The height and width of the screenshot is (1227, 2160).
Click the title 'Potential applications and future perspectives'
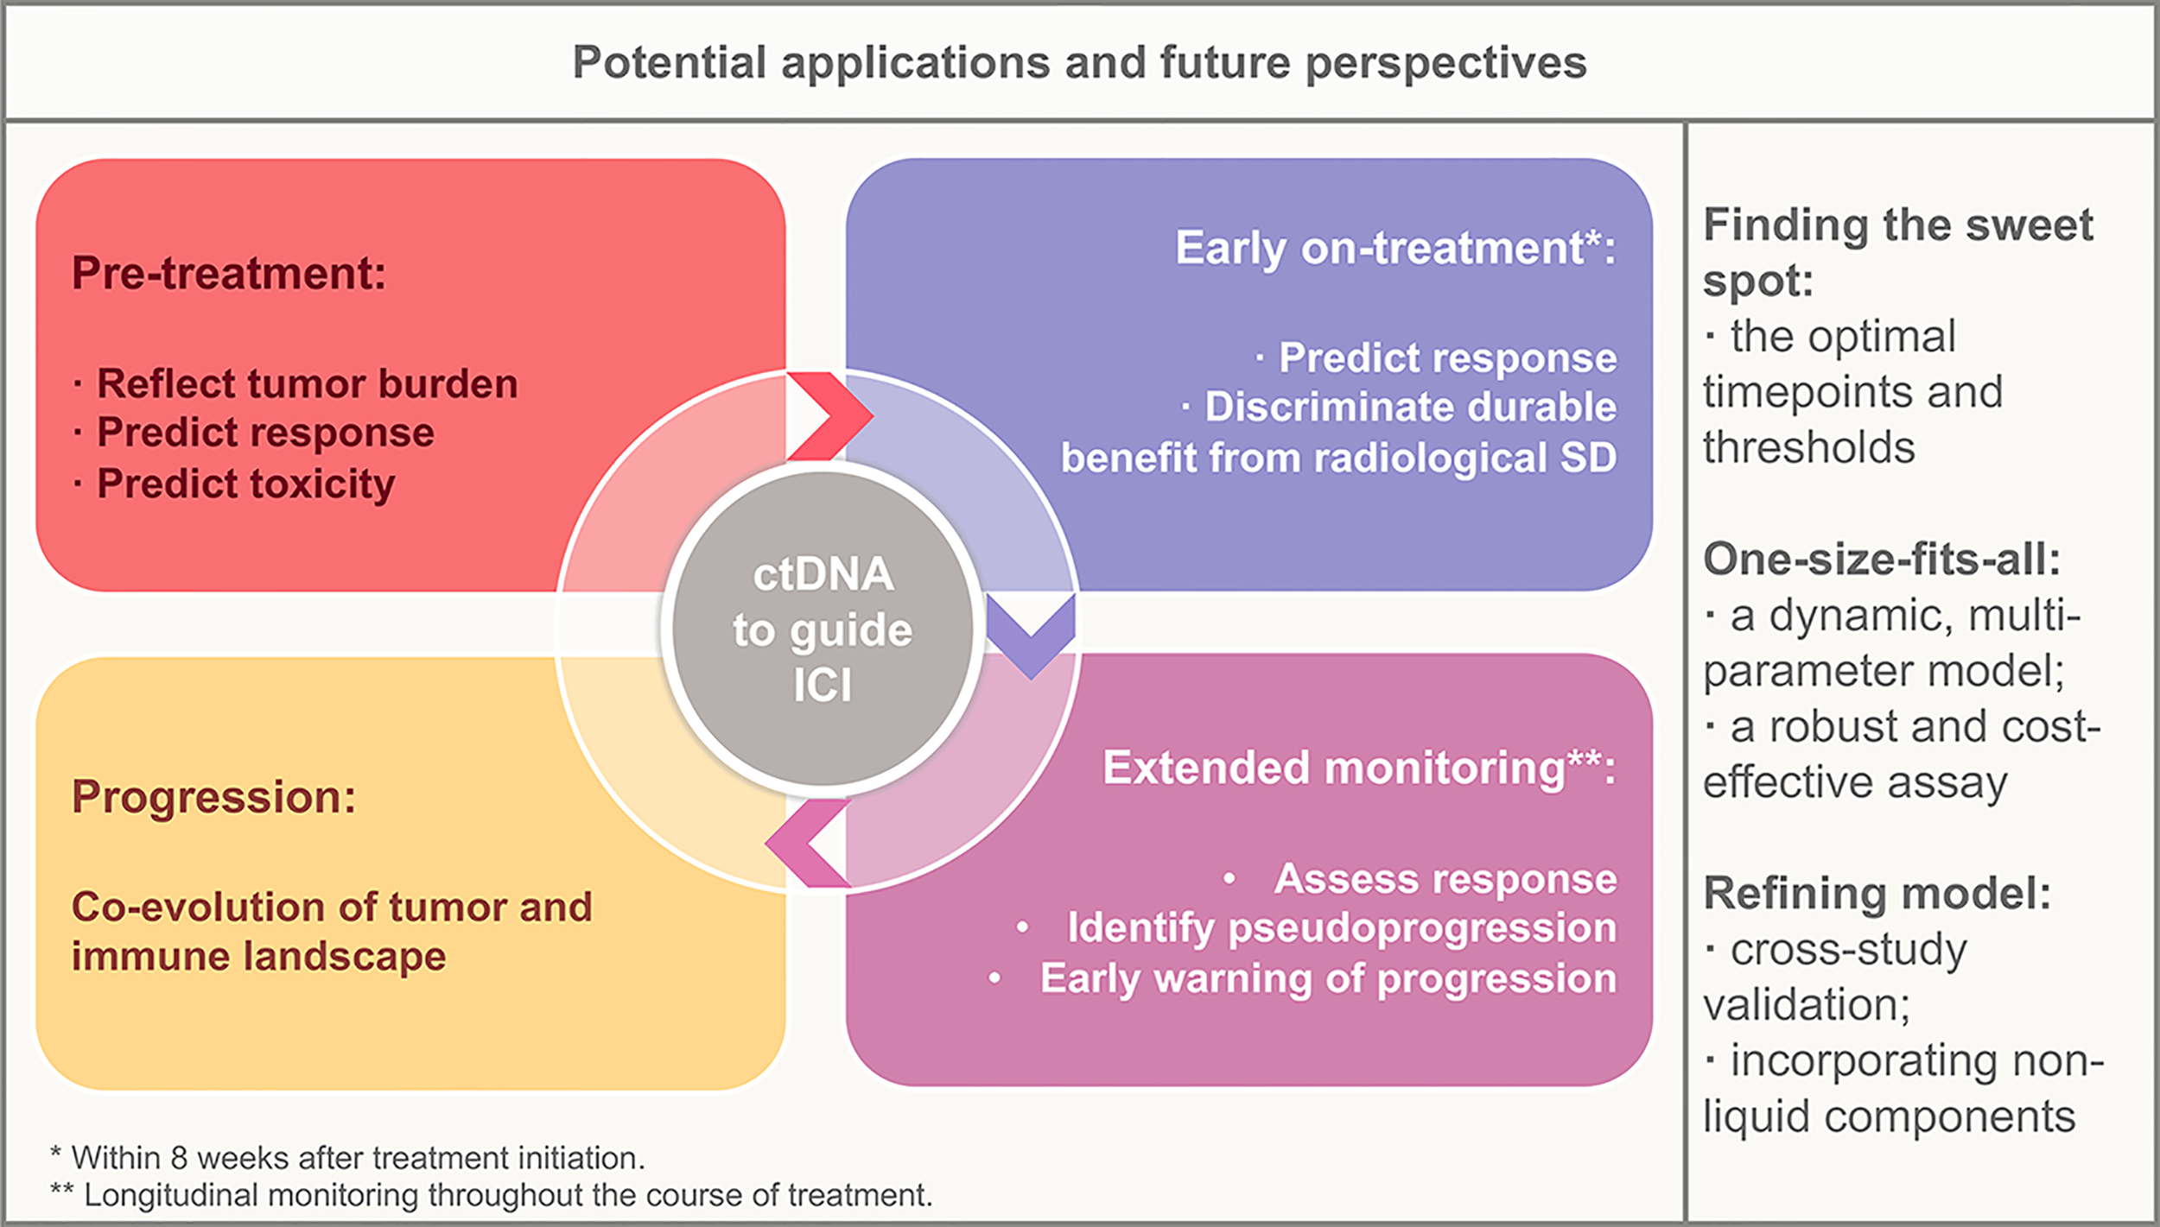pyautogui.click(x=1079, y=63)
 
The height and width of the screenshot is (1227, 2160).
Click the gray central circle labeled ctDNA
pyautogui.click(x=823, y=628)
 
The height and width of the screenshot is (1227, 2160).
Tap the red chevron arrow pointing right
pyautogui.click(x=829, y=416)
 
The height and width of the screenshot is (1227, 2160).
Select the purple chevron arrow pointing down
pyautogui.click(x=1031, y=636)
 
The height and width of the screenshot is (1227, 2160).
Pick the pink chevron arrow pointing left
pyautogui.click(x=808, y=843)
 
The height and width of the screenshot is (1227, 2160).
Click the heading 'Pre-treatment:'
pyautogui.click(x=229, y=273)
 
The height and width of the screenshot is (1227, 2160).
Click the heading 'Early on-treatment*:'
pyautogui.click(x=1395, y=249)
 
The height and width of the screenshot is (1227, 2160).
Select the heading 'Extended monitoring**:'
pyautogui.click(x=1359, y=768)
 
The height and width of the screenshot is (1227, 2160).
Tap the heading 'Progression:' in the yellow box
pyautogui.click(x=213, y=796)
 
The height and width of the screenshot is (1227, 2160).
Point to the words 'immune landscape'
pyautogui.click(x=258, y=956)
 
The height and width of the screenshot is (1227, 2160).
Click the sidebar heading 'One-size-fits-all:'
pyautogui.click(x=1882, y=559)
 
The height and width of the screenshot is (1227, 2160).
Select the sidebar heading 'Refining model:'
pyautogui.click(x=1877, y=893)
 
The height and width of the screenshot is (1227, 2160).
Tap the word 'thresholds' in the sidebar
pyautogui.click(x=1809, y=447)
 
